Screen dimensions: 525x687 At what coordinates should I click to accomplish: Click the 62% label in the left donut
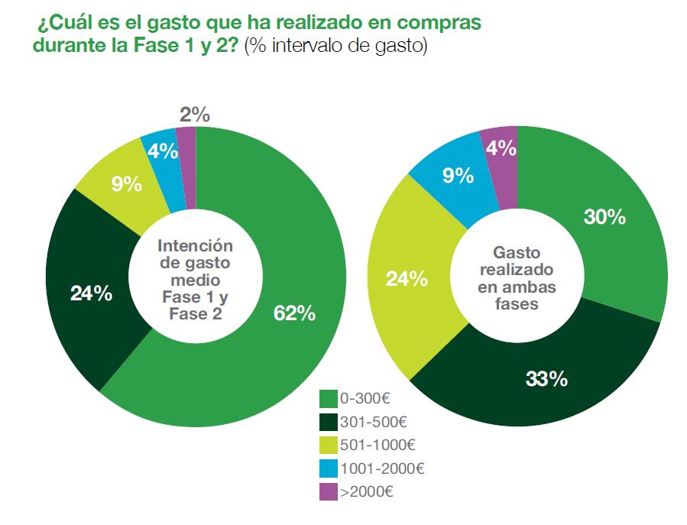294,313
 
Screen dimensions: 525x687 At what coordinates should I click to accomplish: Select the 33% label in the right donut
546,378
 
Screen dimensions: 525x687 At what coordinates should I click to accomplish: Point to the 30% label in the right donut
604,217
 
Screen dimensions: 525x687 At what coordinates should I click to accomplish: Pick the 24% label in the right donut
406,279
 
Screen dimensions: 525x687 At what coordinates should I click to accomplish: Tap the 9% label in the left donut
127,183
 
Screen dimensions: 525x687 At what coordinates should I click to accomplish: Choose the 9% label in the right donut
459,176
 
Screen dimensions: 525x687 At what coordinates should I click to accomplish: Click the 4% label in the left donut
164,151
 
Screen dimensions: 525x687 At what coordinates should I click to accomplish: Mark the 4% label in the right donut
501,147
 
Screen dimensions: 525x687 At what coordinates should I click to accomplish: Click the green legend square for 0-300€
329,398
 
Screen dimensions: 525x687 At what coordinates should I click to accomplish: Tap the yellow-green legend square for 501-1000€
329,445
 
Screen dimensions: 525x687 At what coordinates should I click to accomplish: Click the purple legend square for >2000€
329,491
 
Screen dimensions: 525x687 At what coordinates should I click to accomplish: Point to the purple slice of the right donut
501,164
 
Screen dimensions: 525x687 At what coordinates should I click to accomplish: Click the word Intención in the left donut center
194,246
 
